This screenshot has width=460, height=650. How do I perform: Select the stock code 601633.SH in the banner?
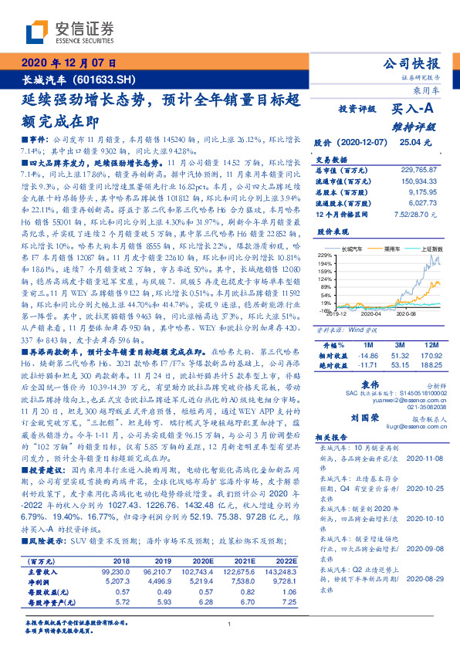(112, 80)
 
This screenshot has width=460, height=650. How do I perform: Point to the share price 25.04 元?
(411, 143)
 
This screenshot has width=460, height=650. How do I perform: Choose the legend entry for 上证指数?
(428, 249)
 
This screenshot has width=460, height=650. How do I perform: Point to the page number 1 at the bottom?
(229, 624)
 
